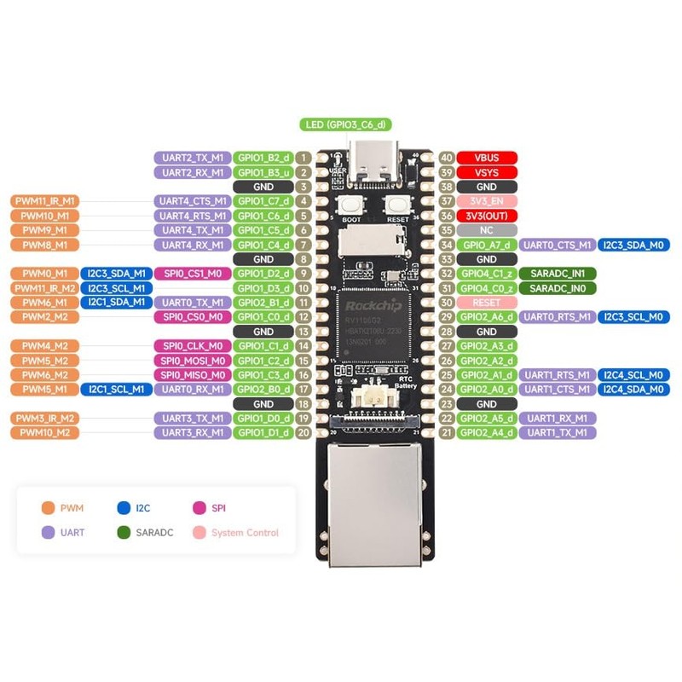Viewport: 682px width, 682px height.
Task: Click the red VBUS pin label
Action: (x=487, y=158)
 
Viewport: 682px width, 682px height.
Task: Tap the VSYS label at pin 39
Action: (x=487, y=172)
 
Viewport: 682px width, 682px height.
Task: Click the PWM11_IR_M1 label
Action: (x=44, y=201)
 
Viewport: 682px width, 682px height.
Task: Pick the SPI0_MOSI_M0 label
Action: (x=192, y=361)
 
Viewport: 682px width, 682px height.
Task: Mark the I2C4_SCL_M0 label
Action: (x=632, y=375)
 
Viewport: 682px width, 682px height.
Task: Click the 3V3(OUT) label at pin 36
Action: (x=487, y=216)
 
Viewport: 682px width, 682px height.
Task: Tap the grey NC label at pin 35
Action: (x=487, y=230)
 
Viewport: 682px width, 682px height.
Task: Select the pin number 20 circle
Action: (x=303, y=433)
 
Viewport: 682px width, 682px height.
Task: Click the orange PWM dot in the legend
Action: (x=48, y=508)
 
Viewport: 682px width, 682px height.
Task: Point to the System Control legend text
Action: (x=245, y=533)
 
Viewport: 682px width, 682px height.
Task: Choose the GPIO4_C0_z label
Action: (x=487, y=288)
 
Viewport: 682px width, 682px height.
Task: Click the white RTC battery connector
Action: (x=374, y=396)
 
